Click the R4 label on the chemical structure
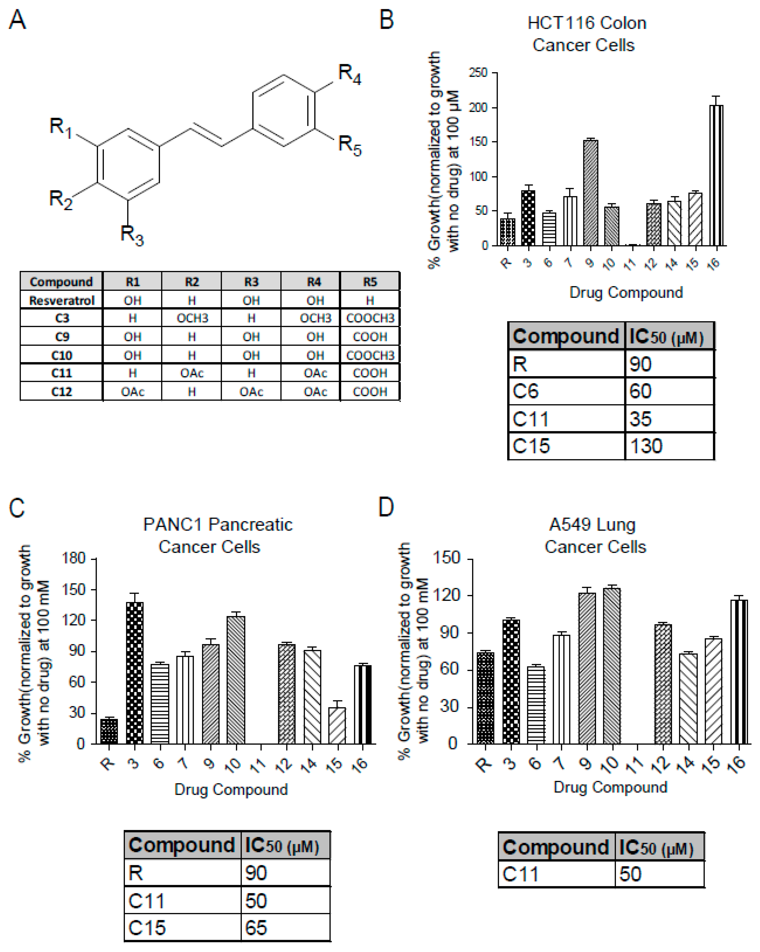349,74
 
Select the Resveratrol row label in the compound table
62,300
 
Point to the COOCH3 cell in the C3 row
370,318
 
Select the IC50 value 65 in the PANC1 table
256,928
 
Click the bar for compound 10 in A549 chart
612,666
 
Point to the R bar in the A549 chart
485,698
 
